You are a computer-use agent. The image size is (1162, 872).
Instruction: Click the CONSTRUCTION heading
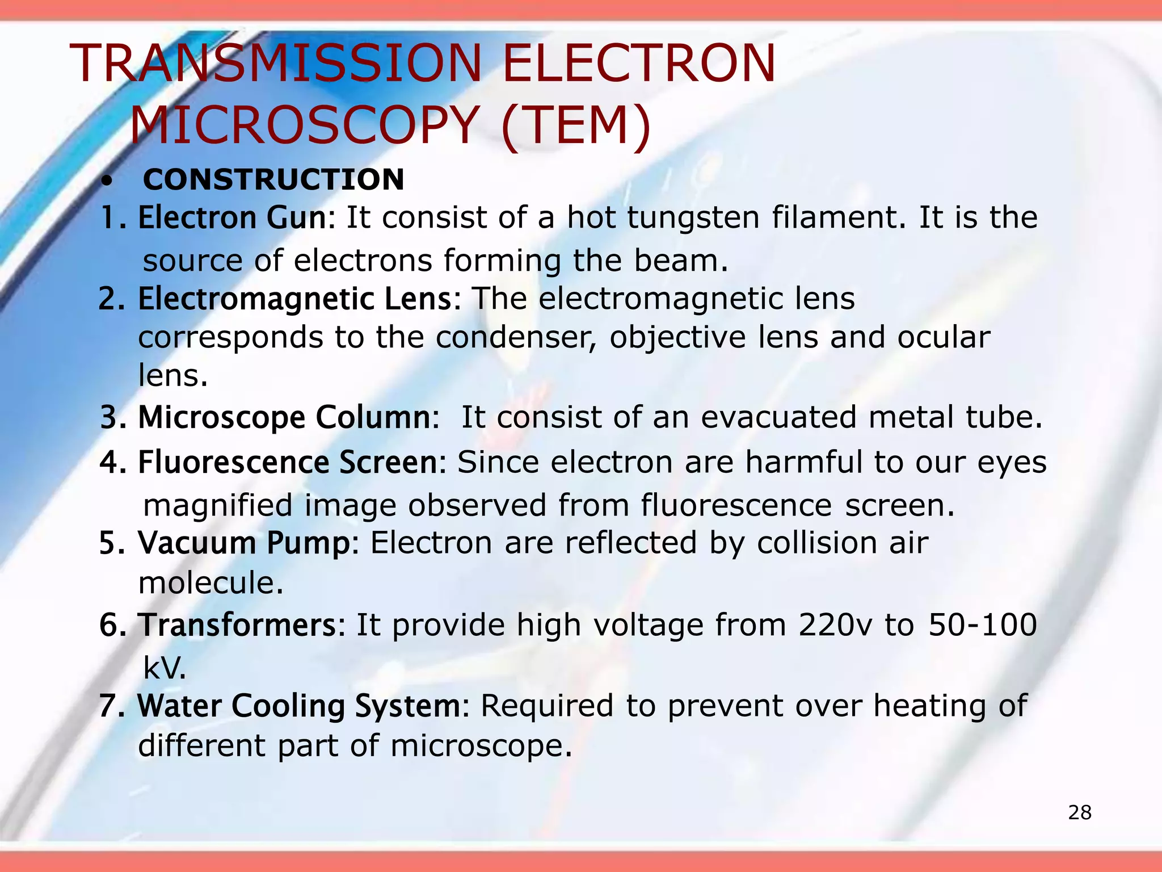click(273, 180)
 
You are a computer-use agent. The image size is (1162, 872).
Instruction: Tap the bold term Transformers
click(238, 625)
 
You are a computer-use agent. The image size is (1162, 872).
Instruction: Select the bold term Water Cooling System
click(299, 706)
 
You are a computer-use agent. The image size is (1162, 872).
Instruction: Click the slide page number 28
click(1080, 813)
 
